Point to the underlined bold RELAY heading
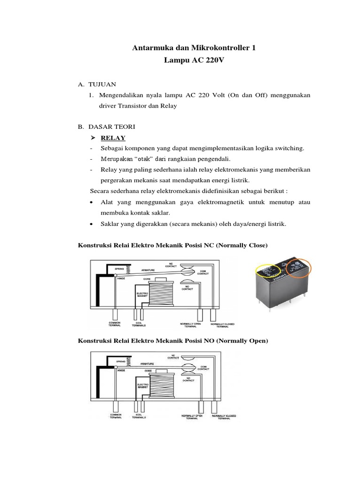[113, 138]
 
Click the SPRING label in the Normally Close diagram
[119, 268]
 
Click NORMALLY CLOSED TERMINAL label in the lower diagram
[223, 418]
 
